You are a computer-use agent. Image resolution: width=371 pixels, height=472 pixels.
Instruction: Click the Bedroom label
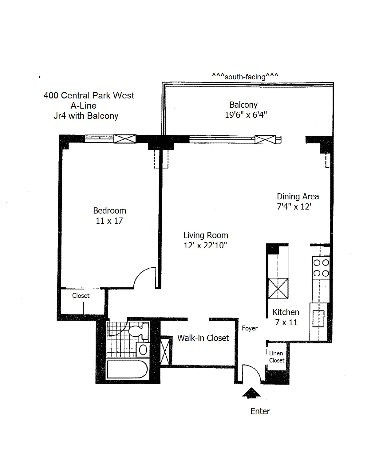(x=109, y=211)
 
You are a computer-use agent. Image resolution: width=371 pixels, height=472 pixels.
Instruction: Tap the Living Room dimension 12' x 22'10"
(x=205, y=246)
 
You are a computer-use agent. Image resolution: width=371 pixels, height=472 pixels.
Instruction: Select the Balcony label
(x=243, y=105)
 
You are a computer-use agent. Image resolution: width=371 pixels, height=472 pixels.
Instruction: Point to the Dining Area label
(x=298, y=197)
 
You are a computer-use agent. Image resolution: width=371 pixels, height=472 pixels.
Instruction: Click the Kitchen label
(x=286, y=312)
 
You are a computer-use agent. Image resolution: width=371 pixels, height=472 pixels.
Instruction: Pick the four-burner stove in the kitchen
(x=321, y=268)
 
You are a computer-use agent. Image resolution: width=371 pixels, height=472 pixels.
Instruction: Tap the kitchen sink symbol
(x=318, y=318)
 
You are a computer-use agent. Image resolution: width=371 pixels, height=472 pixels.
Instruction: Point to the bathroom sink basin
(x=143, y=350)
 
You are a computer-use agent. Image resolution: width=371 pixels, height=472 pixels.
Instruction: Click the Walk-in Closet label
(x=203, y=338)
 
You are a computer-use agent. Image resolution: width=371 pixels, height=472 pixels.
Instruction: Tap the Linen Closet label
(x=276, y=357)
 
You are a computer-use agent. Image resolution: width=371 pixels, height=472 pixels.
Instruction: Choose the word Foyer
(x=250, y=328)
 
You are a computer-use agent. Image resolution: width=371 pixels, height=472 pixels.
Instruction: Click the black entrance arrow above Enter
(x=251, y=393)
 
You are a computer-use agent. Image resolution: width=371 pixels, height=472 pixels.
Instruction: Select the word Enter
(x=260, y=411)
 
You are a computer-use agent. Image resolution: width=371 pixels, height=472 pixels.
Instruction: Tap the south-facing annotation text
(x=245, y=76)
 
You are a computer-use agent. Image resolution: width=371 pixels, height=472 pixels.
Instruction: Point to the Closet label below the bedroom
(x=81, y=296)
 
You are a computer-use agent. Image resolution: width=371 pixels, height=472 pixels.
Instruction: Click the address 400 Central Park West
(x=89, y=95)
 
